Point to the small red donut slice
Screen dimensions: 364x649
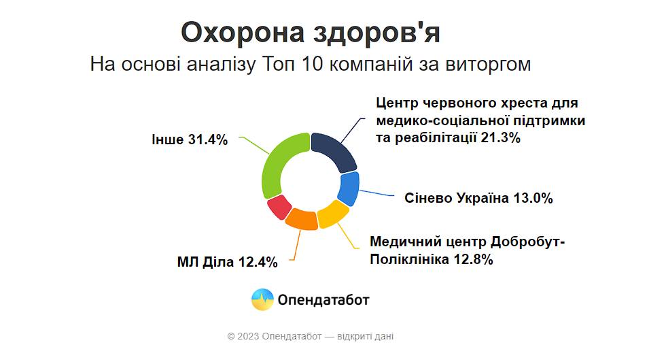pos(279,206)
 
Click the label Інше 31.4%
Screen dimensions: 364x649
pos(189,139)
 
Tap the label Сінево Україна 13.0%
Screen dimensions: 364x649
pos(478,199)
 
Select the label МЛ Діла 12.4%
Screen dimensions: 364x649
pos(227,262)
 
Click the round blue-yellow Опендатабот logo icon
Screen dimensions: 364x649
pos(262,299)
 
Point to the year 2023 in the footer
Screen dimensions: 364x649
pos(248,336)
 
